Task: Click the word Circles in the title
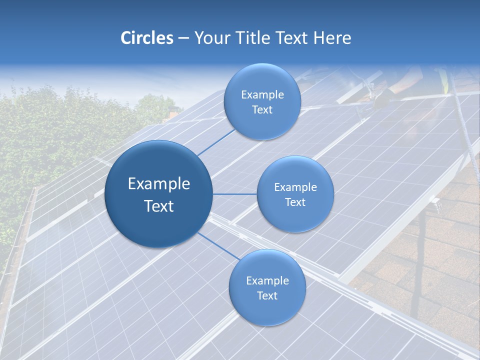pos(146,38)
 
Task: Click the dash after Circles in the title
pos(183,38)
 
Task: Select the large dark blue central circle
pos(158,194)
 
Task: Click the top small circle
pos(262,101)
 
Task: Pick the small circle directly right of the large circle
pos(295,194)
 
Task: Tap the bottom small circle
pos(267,287)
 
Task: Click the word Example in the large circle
pos(159,184)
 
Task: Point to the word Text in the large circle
pos(159,206)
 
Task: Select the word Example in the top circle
pos(262,95)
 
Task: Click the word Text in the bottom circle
pos(267,295)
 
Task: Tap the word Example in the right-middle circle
pos(295,187)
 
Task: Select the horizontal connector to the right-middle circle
pos(235,194)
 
